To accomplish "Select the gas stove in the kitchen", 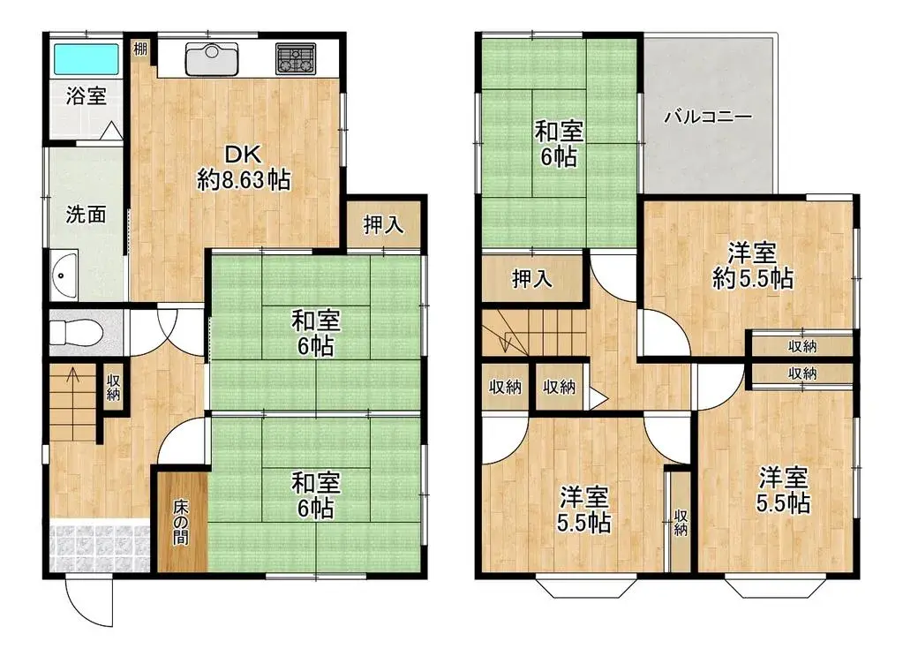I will pos(296,59).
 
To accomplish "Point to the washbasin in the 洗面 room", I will pos(64,275).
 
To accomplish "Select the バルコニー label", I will pos(708,117).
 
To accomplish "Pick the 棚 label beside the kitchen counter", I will pos(141,49).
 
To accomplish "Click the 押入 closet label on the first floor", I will pos(384,225).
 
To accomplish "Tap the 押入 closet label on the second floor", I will pos(532,279).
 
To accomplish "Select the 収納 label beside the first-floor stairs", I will pos(114,387).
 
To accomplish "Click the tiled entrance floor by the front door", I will pos(97,547).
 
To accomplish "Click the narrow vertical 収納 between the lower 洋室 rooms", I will pos(681,522).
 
